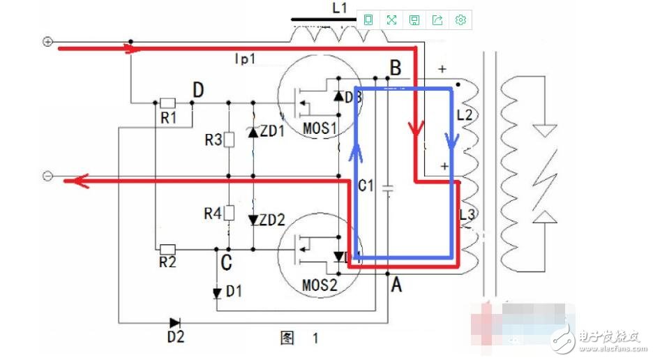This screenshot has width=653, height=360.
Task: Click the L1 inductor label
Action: click(x=339, y=8)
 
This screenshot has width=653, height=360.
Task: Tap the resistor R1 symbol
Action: click(x=167, y=103)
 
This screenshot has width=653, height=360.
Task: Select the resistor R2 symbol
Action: click(x=167, y=248)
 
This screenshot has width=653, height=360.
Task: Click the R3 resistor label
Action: click(x=213, y=140)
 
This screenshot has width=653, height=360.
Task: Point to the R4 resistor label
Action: click(x=213, y=213)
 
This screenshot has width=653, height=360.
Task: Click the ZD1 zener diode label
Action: click(x=273, y=131)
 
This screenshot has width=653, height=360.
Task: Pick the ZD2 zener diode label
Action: click(x=273, y=220)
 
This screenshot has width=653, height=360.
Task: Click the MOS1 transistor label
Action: click(x=320, y=130)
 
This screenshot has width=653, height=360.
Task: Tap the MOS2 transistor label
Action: click(x=320, y=286)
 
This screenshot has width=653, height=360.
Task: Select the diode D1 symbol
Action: click(x=217, y=292)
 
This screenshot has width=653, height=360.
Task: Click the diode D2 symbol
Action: click(x=174, y=322)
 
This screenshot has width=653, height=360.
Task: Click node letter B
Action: click(x=396, y=68)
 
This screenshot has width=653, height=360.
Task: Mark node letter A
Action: click(x=396, y=283)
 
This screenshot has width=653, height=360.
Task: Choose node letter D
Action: click(x=199, y=89)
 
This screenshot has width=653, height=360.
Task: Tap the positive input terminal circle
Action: click(x=48, y=42)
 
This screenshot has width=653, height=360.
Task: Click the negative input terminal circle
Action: click(x=47, y=176)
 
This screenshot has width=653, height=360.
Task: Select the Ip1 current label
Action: click(x=245, y=61)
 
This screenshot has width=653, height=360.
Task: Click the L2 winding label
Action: click(x=464, y=115)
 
